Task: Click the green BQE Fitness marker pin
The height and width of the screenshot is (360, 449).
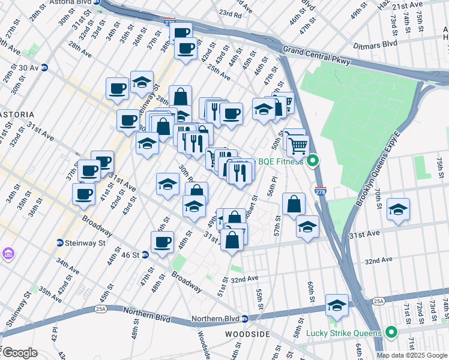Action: click(x=312, y=161)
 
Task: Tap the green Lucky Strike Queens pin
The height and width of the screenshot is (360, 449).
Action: click(x=391, y=332)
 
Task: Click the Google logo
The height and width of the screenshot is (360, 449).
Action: click(x=20, y=353)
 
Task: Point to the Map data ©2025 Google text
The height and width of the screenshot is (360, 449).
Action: click(x=412, y=355)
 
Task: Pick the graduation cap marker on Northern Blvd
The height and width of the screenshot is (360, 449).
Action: click(x=337, y=305)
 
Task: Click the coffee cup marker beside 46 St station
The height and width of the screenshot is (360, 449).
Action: click(x=161, y=242)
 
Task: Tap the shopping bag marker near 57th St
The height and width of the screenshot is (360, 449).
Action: click(x=294, y=204)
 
